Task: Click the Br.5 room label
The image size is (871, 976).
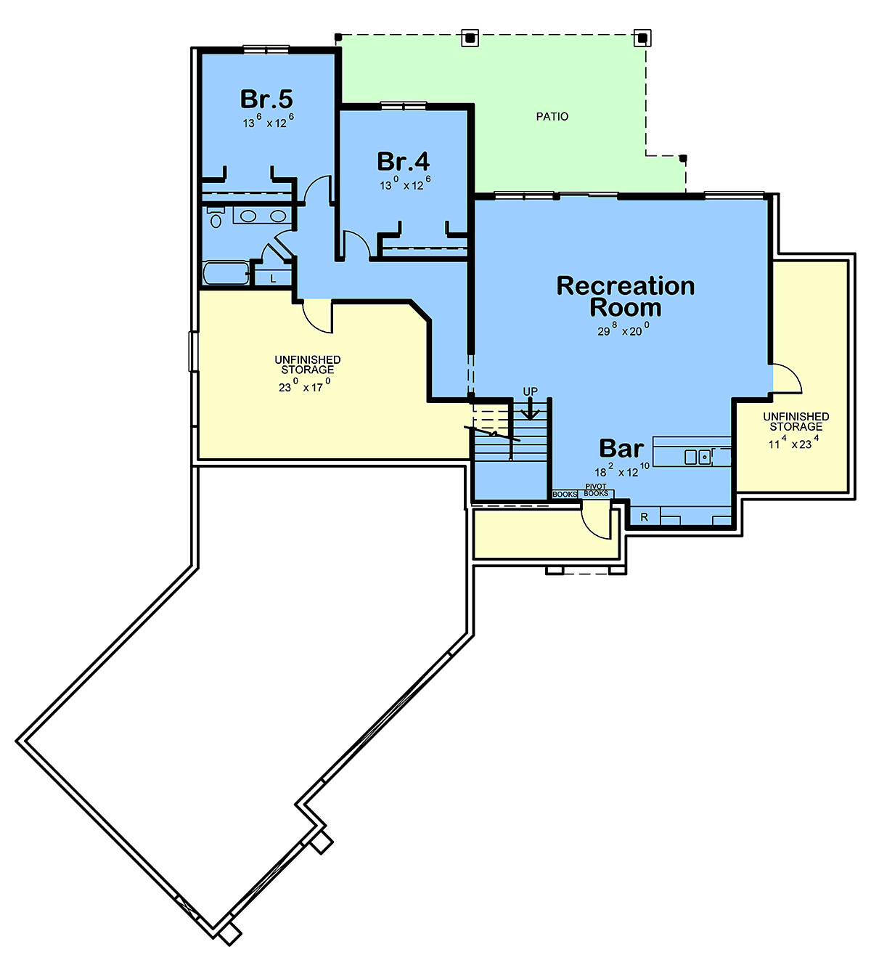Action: [266, 99]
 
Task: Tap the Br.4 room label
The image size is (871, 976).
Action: [403, 161]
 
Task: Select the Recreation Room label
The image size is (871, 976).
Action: [626, 296]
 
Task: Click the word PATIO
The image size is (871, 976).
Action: [552, 116]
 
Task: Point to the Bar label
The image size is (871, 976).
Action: [621, 449]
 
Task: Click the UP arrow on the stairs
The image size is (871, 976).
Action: [530, 409]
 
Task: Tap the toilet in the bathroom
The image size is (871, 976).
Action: [216, 217]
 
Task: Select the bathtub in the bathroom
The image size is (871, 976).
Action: [226, 272]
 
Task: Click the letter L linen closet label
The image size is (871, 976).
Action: [273, 278]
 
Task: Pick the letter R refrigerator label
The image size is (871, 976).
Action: [645, 517]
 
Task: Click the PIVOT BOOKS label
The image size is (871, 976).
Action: [596, 490]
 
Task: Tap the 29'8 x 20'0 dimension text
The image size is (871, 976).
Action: [623, 329]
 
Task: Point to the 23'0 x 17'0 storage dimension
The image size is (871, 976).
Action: [304, 386]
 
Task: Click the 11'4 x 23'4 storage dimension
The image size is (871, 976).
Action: [793, 442]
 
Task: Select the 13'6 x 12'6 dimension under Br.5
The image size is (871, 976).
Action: [268, 121]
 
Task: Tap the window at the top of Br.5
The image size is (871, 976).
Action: [266, 49]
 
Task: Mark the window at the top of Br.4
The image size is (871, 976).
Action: [404, 105]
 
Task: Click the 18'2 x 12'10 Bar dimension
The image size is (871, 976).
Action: [622, 470]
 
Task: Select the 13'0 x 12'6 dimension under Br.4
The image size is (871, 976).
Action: [405, 184]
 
